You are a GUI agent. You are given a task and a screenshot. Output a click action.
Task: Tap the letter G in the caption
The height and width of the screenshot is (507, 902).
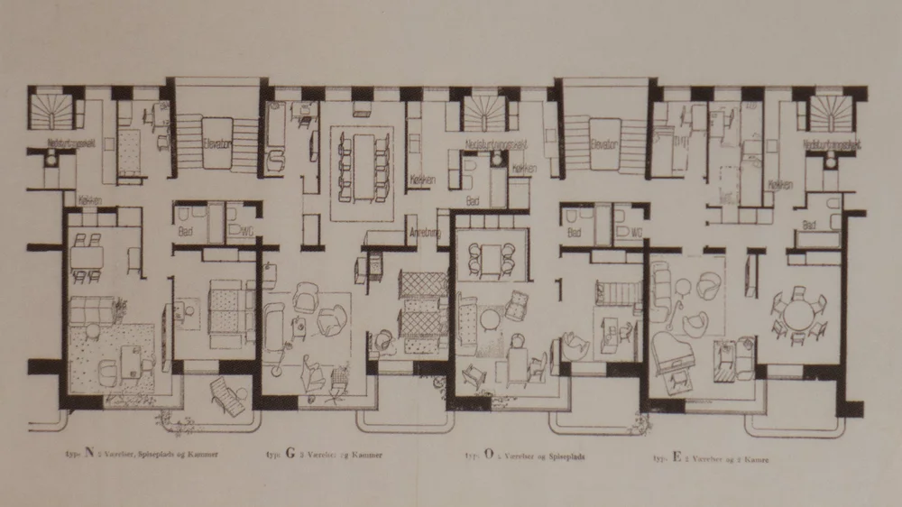[290, 455]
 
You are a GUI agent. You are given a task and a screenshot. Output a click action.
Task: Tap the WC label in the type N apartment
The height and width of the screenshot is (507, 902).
[244, 232]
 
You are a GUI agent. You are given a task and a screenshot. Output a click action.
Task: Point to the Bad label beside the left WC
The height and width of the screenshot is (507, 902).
[185, 232]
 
